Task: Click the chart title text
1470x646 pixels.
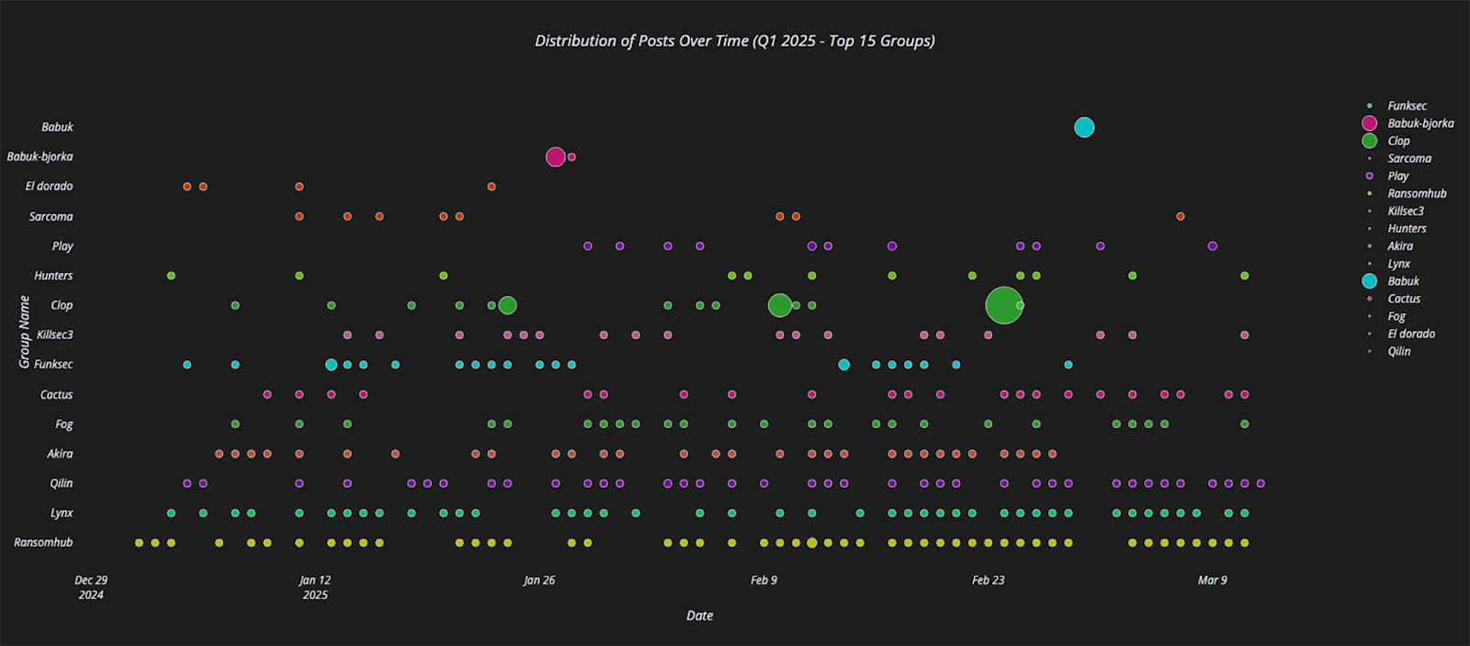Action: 735,41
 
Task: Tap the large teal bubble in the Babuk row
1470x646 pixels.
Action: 1084,128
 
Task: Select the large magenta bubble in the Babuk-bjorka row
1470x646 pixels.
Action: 555,157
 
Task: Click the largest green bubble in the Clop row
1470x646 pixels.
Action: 1003,305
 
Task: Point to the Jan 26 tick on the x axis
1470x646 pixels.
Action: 539,580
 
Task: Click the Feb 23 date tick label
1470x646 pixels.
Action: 988,580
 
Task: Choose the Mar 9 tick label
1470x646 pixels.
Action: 1212,580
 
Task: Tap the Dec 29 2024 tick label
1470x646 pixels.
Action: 91,587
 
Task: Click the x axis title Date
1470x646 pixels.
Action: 699,616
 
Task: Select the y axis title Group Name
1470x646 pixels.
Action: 25,332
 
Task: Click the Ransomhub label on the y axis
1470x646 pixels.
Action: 43,542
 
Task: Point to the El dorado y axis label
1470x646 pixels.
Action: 49,187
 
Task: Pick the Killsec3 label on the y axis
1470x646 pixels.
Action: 54,335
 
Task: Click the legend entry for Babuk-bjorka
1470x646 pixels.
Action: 1419,123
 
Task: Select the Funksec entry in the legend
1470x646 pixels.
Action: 1407,106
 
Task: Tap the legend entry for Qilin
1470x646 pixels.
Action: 1398,351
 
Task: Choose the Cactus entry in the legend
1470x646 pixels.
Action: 1403,299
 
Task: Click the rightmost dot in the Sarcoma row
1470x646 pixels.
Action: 1180,217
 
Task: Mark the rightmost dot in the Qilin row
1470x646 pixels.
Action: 1261,483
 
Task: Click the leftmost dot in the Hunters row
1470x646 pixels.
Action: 171,276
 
